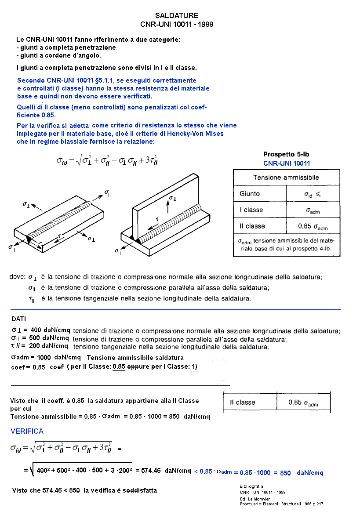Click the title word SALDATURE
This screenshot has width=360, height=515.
177,16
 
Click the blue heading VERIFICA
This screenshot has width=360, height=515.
27,431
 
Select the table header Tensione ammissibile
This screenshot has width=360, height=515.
286,178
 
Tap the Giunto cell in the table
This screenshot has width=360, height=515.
250,194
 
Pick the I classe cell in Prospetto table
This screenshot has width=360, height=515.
251,210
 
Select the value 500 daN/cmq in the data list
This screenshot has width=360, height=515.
50,338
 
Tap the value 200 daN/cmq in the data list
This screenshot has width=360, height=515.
49,346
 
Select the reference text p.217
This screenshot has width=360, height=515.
317,504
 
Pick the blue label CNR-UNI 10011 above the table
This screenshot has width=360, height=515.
287,163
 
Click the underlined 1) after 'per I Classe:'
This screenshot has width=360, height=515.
194,367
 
